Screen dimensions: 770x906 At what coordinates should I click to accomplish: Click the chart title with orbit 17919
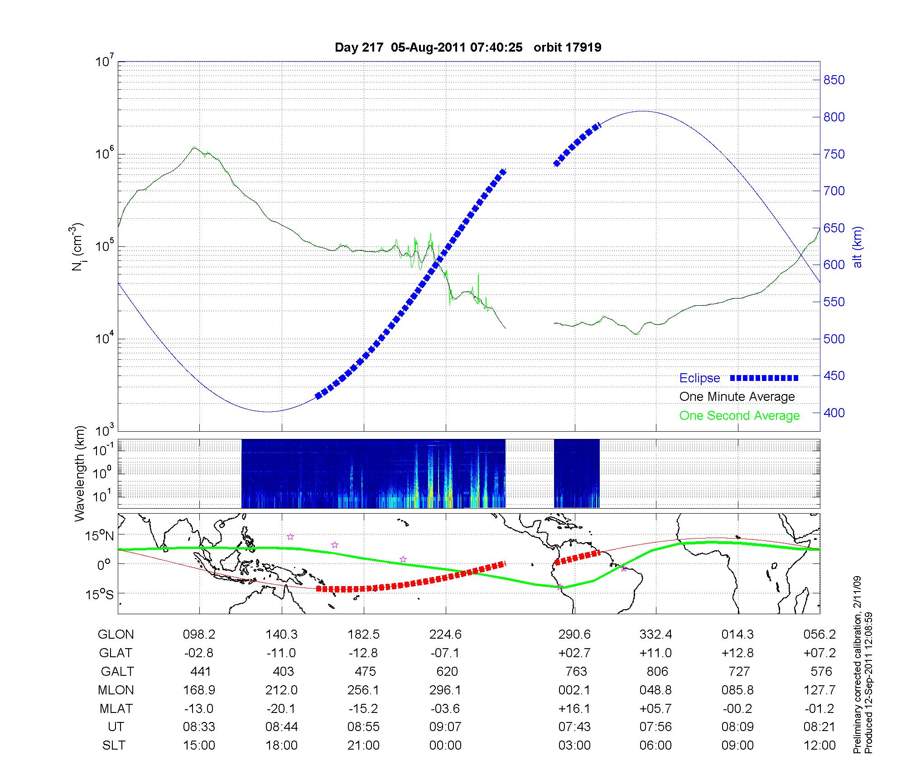tap(468, 48)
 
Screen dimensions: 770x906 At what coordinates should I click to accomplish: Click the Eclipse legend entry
tap(699, 378)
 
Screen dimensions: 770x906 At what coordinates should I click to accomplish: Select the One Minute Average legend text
tap(737, 397)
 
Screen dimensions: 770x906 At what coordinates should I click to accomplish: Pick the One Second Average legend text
tap(739, 416)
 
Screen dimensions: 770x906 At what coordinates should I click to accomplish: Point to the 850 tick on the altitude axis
tap(834, 80)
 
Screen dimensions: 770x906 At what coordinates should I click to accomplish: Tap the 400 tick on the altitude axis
tap(834, 413)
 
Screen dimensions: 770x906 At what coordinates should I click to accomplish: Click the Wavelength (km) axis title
tap(80, 473)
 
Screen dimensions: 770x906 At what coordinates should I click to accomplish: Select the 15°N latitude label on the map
tap(99, 536)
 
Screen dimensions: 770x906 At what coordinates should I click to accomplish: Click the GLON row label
tap(116, 635)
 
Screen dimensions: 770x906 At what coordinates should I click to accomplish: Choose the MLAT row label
tap(116, 708)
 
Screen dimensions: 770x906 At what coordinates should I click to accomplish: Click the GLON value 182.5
tap(363, 635)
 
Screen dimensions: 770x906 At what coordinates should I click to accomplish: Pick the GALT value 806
tap(657, 671)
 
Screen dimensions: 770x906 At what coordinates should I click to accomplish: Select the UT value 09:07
tap(446, 727)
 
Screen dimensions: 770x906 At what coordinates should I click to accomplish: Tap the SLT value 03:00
tap(574, 746)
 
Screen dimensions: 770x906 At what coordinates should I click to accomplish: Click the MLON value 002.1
tap(574, 690)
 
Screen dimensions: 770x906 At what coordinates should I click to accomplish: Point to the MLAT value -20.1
tap(281, 708)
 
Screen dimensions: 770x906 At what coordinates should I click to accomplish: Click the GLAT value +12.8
tap(738, 653)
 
